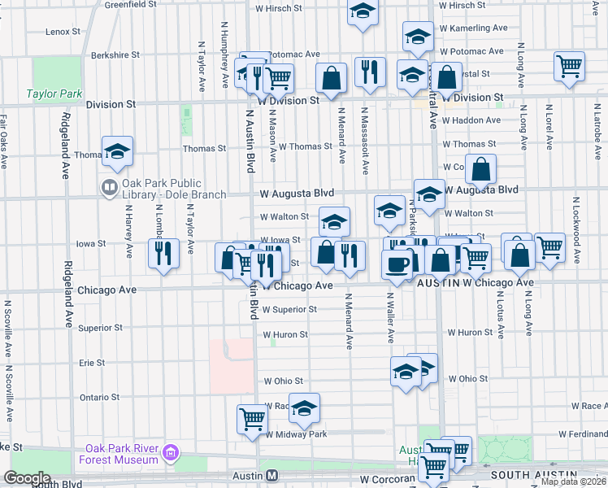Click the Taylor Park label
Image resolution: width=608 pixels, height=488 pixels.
point(54,94)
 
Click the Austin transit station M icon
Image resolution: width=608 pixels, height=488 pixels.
point(272,475)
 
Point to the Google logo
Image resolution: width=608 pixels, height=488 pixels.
point(27,478)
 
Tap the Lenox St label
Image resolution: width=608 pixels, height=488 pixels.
point(63,32)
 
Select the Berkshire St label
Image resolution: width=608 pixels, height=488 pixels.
point(115,55)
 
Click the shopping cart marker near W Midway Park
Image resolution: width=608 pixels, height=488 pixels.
point(252,419)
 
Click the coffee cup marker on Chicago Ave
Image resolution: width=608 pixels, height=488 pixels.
point(397,263)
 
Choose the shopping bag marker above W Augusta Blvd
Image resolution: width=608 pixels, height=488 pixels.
point(481,169)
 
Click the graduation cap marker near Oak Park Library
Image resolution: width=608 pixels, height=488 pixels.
point(117,150)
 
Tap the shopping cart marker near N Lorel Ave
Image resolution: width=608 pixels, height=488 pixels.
point(569,66)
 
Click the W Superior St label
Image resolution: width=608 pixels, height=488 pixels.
point(289,310)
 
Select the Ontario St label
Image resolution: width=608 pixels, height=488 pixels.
point(99,398)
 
